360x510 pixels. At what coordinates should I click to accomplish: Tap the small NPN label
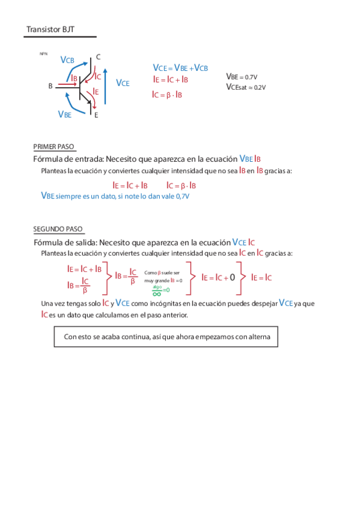(43, 54)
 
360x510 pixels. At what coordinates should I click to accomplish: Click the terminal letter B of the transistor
(50, 86)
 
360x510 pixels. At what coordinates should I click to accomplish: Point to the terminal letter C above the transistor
(98, 58)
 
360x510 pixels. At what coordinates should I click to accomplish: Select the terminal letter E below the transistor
(96, 114)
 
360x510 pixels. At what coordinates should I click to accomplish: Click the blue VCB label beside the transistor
(67, 60)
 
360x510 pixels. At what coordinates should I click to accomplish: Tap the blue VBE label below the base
(64, 114)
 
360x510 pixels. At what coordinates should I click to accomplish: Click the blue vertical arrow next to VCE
(106, 87)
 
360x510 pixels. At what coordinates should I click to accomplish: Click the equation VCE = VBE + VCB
(180, 68)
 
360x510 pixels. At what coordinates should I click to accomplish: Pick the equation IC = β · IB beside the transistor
(167, 94)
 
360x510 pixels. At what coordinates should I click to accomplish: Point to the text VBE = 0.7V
(242, 77)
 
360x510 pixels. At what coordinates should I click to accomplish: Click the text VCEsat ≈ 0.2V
(246, 87)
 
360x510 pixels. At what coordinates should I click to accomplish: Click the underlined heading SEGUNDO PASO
(58, 229)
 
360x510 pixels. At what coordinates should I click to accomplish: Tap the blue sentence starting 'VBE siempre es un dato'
(115, 196)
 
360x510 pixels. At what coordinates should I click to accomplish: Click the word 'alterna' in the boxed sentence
(259, 337)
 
